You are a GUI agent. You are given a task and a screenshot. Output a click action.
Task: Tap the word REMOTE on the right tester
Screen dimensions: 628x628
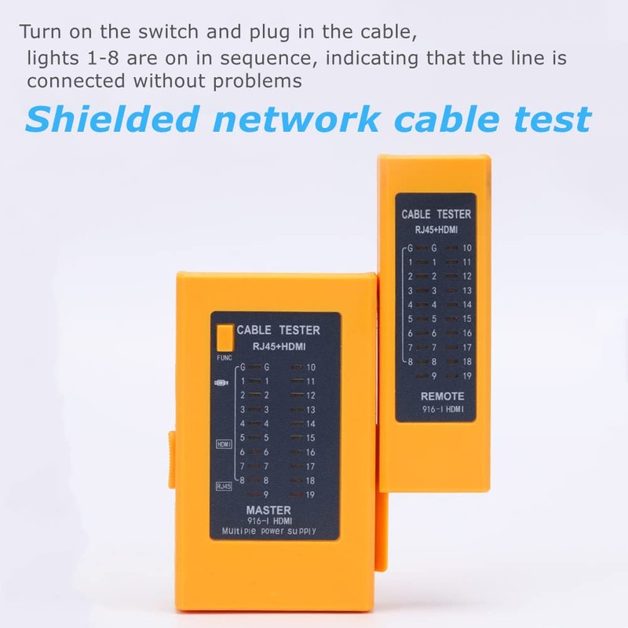pos(443,396)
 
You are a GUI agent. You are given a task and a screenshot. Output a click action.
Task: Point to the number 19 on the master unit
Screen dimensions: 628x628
pos(311,495)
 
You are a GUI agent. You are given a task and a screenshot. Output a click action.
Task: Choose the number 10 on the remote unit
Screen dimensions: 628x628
pos(466,248)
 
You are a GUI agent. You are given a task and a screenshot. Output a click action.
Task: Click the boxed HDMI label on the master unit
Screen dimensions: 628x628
pos(224,444)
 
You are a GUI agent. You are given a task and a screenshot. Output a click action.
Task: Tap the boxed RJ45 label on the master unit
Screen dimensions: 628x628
pos(224,487)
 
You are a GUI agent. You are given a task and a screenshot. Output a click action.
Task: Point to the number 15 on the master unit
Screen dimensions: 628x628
pos(311,438)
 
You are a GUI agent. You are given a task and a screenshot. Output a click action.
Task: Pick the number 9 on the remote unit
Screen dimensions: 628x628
pos(433,376)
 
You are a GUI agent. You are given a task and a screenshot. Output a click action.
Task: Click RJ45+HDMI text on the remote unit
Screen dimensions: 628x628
pos(436,229)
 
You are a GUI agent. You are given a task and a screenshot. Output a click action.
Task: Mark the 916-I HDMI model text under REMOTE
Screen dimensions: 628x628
pos(442,409)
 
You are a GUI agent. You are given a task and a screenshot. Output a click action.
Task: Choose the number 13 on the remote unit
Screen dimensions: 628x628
pos(466,290)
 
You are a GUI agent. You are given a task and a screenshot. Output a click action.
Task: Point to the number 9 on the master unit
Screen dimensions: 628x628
pos(267,495)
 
